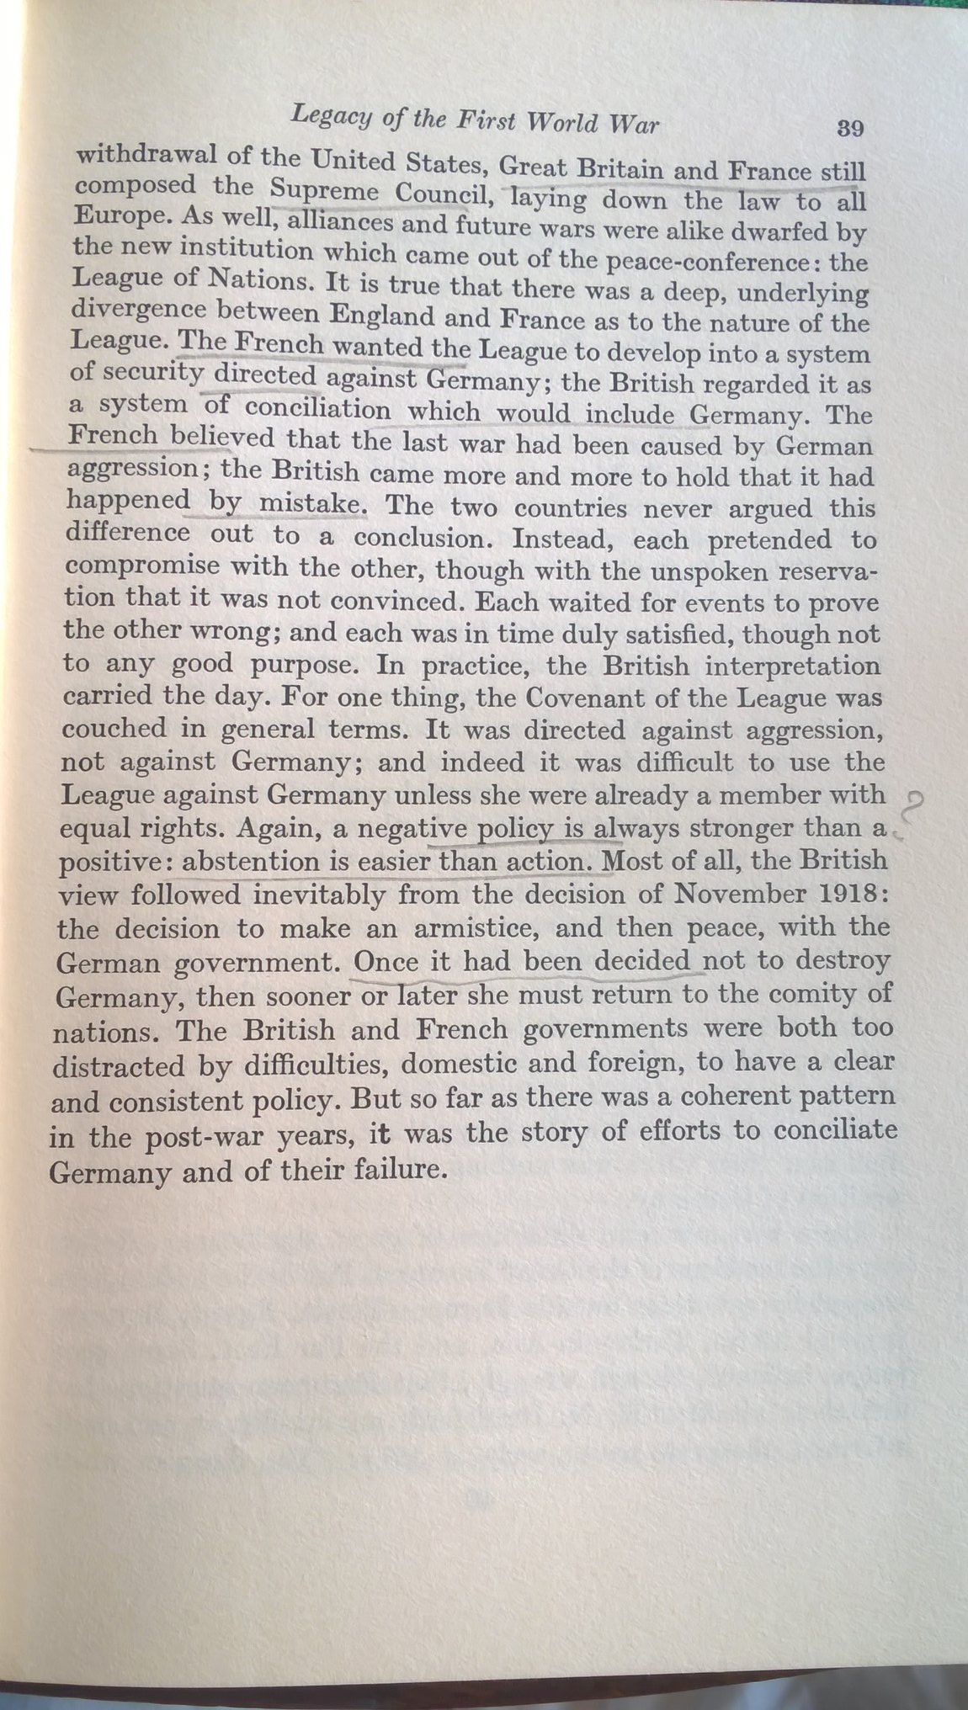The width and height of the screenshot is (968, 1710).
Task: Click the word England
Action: tap(382, 316)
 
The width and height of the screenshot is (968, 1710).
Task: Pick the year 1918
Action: tap(849, 893)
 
